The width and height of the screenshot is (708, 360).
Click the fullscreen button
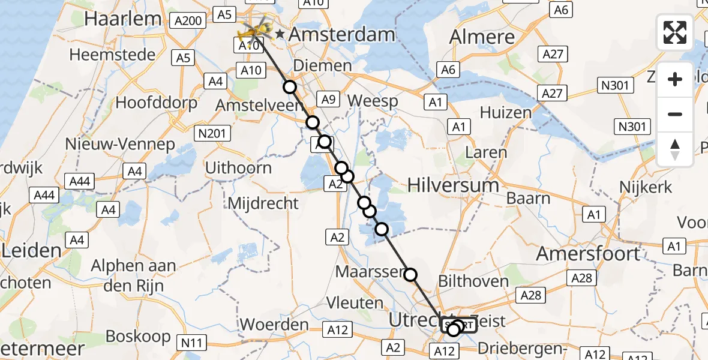[x=675, y=32]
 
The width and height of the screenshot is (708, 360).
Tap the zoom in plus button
[x=675, y=79]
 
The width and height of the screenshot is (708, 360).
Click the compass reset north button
[x=675, y=149]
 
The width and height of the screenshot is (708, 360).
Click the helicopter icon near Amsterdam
[x=254, y=28]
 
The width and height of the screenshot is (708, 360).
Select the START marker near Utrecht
[x=459, y=326]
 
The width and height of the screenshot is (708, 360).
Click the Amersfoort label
[x=588, y=253]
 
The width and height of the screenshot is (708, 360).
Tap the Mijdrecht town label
[x=263, y=203]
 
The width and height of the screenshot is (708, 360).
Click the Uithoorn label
[x=238, y=167]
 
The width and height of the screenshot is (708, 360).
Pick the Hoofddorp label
[x=156, y=103]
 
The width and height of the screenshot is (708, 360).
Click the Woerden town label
[x=274, y=325]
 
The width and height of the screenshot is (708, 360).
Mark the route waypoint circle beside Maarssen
[x=410, y=275]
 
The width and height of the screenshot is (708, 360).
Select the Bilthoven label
[x=473, y=280]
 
